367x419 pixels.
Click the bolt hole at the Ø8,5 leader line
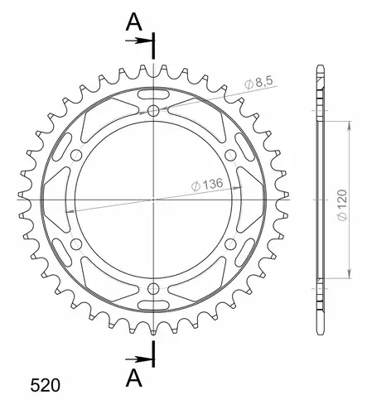pyautogui.click(x=155, y=110)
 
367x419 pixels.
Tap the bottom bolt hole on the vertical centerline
pyautogui.click(x=155, y=288)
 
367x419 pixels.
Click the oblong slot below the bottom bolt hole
pyautogui.click(x=155, y=307)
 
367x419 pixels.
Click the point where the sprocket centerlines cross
pyautogui.click(x=155, y=200)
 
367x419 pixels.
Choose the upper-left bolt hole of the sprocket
pyautogui.click(x=77, y=154)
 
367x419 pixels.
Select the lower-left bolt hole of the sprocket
pyautogui.click(x=77, y=244)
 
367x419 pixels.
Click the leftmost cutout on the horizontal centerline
pyautogui.click(x=58, y=200)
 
